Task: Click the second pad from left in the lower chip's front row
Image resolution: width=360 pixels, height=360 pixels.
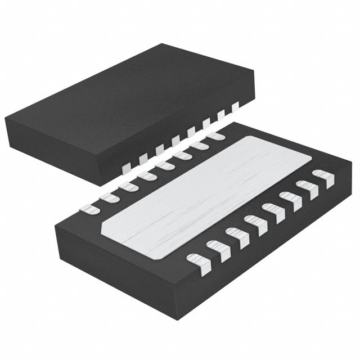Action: pos(217,249)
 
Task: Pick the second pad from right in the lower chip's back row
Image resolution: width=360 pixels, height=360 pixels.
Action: pos(198,145)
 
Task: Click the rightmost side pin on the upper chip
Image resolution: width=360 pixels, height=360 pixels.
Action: pos(235,105)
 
